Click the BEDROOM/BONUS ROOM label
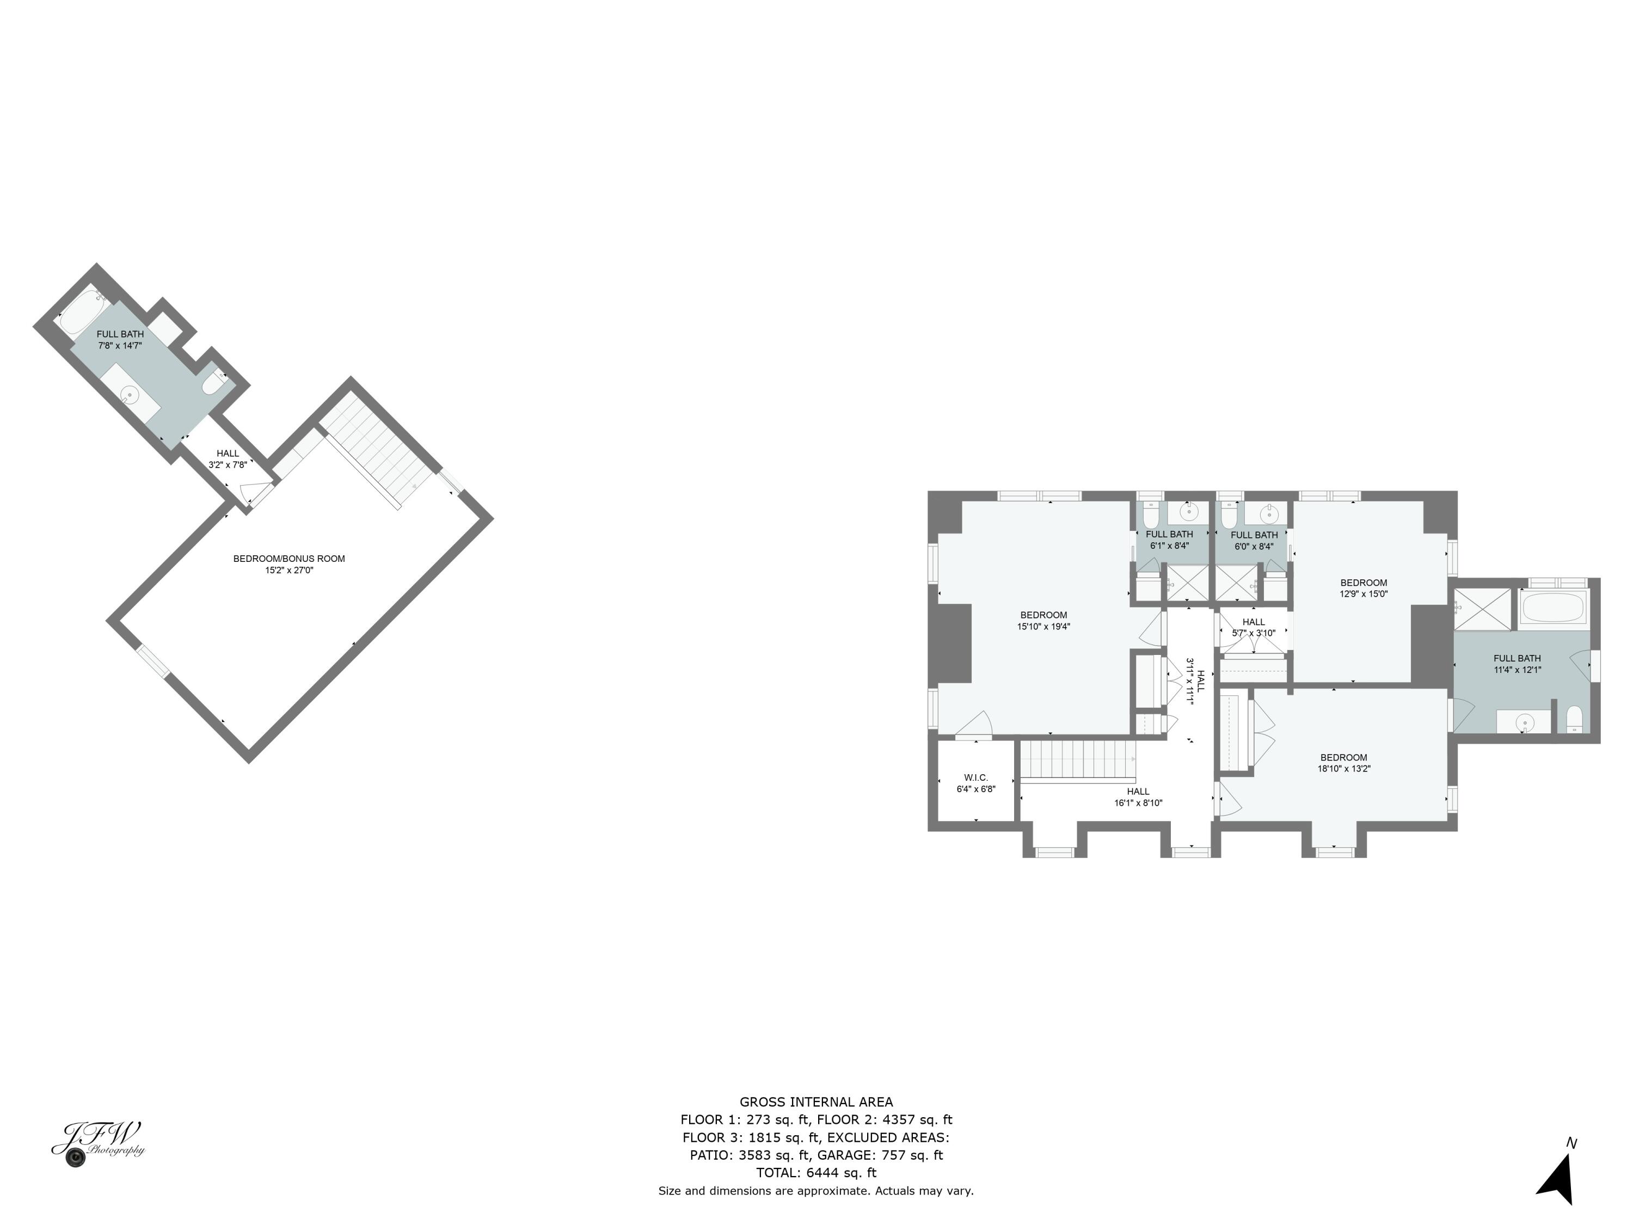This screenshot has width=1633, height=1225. coord(288,559)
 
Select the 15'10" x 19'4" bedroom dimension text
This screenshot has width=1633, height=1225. coord(1043,627)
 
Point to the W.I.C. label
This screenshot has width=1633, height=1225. coord(975,777)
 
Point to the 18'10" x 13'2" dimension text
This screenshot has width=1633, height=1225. coord(1343,769)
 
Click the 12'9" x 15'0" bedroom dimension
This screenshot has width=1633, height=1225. coord(1364,593)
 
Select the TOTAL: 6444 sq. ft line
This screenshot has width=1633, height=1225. coord(816,1173)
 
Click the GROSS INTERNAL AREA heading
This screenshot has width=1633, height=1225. coord(816,1102)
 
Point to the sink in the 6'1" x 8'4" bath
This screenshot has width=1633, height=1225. coord(1189,512)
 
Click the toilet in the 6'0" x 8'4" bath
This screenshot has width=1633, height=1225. coord(1229,514)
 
